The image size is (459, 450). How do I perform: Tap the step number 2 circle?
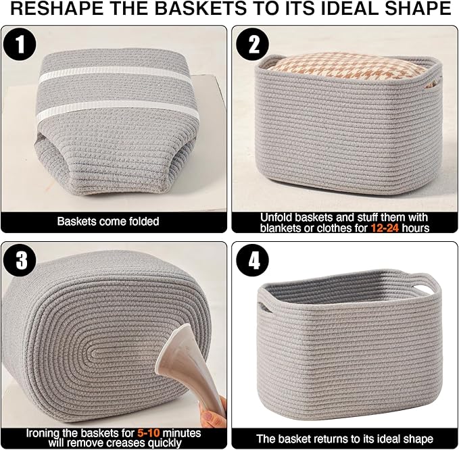click(253, 45)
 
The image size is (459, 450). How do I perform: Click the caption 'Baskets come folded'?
click(108, 222)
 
